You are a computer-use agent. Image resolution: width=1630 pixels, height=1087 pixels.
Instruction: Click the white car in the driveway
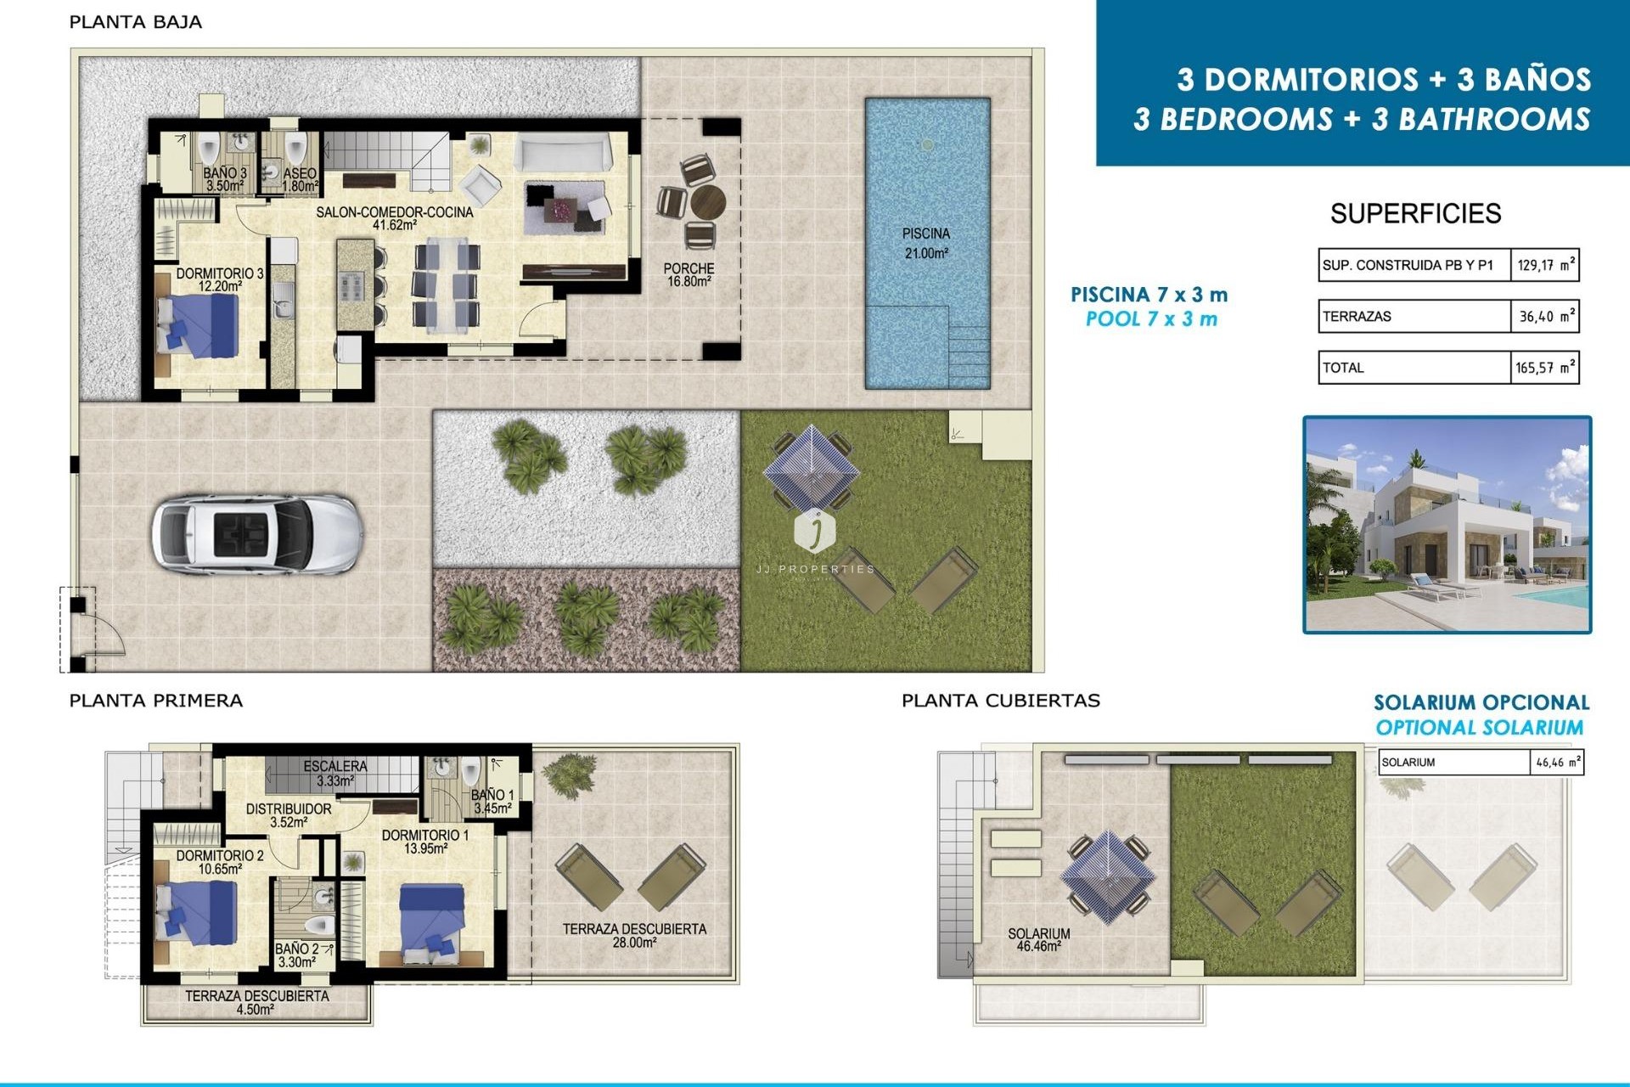(x=257, y=535)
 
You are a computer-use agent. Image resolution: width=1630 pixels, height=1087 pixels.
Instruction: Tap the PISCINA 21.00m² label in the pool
(x=925, y=243)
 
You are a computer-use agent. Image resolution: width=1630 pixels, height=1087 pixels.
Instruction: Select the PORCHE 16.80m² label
(x=689, y=274)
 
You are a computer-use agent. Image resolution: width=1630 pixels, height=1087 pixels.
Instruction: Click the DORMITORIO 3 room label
(x=219, y=279)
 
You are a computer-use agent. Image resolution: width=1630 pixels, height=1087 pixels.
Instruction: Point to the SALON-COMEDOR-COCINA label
(x=394, y=217)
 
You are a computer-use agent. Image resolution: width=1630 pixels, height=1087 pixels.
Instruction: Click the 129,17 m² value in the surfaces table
(x=1544, y=265)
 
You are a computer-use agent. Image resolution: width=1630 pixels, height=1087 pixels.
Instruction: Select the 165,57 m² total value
(x=1544, y=368)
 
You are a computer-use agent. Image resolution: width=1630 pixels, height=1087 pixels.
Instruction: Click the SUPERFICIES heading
(x=1415, y=213)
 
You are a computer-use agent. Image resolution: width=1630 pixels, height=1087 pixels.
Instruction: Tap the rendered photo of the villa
(x=1447, y=525)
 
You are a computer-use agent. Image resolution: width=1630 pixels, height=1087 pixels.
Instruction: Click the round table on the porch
(x=707, y=203)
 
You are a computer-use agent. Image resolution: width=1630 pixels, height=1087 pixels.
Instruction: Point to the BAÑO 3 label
(x=225, y=178)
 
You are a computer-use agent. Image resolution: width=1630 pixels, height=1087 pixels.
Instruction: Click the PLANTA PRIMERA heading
(x=155, y=701)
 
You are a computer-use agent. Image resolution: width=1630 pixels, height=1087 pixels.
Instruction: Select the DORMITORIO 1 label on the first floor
(x=424, y=841)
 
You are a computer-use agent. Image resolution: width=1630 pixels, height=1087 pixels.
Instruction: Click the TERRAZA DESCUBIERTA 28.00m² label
(x=633, y=935)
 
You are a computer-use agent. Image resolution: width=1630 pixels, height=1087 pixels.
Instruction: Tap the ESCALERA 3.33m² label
(x=335, y=773)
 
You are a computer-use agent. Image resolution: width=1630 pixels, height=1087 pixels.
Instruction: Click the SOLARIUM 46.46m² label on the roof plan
(x=1038, y=939)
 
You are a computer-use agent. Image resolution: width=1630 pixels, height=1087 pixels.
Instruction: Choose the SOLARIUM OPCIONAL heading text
(x=1481, y=702)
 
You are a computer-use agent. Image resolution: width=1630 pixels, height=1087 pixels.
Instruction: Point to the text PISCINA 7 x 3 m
(x=1149, y=295)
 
